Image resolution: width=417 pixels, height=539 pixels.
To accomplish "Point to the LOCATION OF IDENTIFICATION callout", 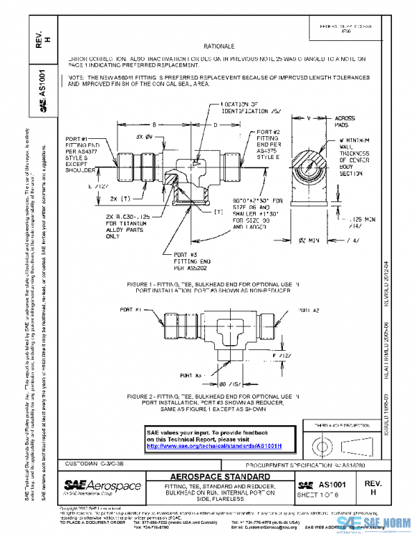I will click(245, 107).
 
